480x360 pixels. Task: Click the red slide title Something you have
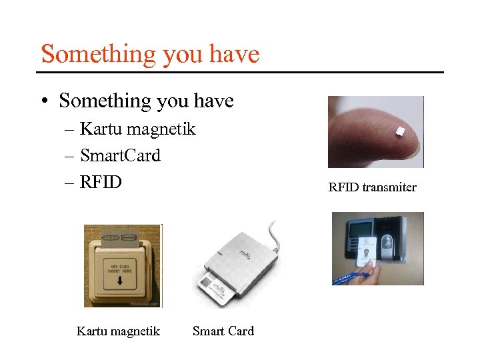pyautogui.click(x=150, y=54)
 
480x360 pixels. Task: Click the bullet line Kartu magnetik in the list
pyautogui.click(x=137, y=128)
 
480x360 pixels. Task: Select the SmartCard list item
pyautogui.click(x=120, y=155)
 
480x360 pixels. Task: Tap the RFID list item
pyautogui.click(x=101, y=181)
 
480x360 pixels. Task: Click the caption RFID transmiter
pyautogui.click(x=372, y=187)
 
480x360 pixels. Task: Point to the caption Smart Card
pyautogui.click(x=223, y=331)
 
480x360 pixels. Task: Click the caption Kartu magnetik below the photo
pyautogui.click(x=118, y=331)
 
